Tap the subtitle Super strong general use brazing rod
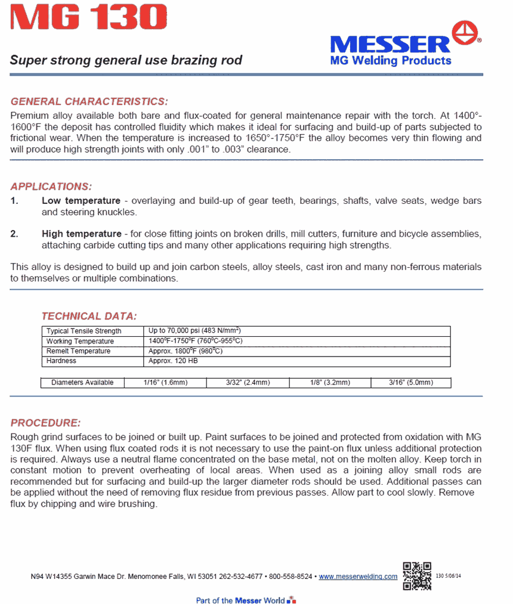click(126, 60)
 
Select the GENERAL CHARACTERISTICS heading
click(89, 101)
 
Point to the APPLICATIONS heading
click(51, 187)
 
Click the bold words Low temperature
click(81, 201)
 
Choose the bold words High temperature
click(82, 233)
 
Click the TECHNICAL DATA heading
click(89, 316)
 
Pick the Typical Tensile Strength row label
click(84, 331)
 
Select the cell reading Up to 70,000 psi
click(194, 331)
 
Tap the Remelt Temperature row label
click(78, 351)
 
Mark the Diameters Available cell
click(82, 383)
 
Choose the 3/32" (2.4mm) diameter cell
click(248, 383)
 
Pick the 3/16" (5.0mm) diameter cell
click(411, 383)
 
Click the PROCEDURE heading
click(45, 423)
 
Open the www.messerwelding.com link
click(358, 577)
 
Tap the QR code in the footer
click(417, 575)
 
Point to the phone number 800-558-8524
click(291, 577)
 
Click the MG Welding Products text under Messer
click(391, 60)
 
